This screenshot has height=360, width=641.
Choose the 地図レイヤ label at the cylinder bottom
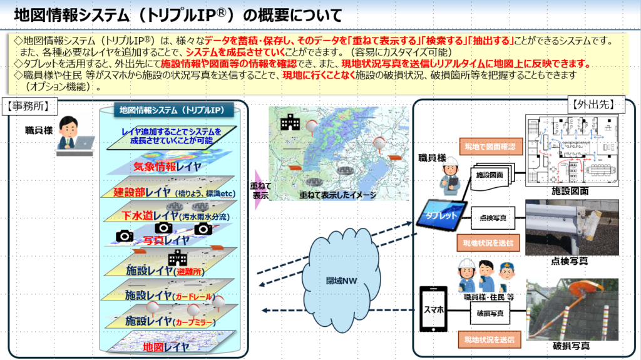pos(165,346)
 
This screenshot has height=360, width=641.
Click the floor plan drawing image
pos(570,148)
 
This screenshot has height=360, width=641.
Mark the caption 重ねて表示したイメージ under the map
pos(337,195)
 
